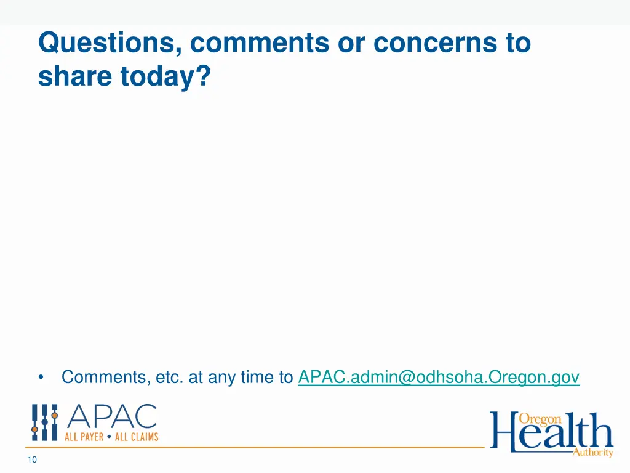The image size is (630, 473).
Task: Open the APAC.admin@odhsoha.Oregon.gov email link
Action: coord(439,377)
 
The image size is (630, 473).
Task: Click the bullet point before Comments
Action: coord(41,378)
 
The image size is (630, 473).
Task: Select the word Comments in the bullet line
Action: coord(104,377)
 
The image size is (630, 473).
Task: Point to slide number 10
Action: coord(33,459)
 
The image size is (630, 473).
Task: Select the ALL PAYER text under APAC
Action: coord(84,437)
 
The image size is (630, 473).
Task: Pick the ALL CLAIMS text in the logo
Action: coord(137,437)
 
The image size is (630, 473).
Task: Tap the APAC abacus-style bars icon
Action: coord(45,422)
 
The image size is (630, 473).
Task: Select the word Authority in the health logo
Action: coord(592,453)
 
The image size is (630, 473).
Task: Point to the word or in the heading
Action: coord(351,44)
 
